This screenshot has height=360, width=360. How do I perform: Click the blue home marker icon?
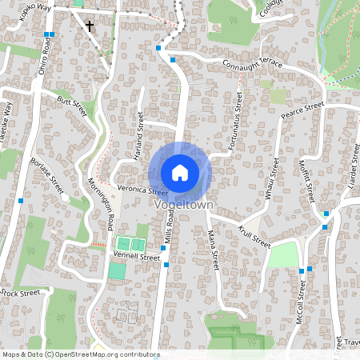click(x=180, y=173)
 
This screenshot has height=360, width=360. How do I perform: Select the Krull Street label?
click(x=254, y=234)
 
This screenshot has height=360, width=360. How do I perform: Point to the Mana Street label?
click(x=214, y=248)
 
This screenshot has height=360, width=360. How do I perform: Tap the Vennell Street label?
click(x=138, y=258)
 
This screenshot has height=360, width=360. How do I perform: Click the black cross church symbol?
click(x=89, y=26)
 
